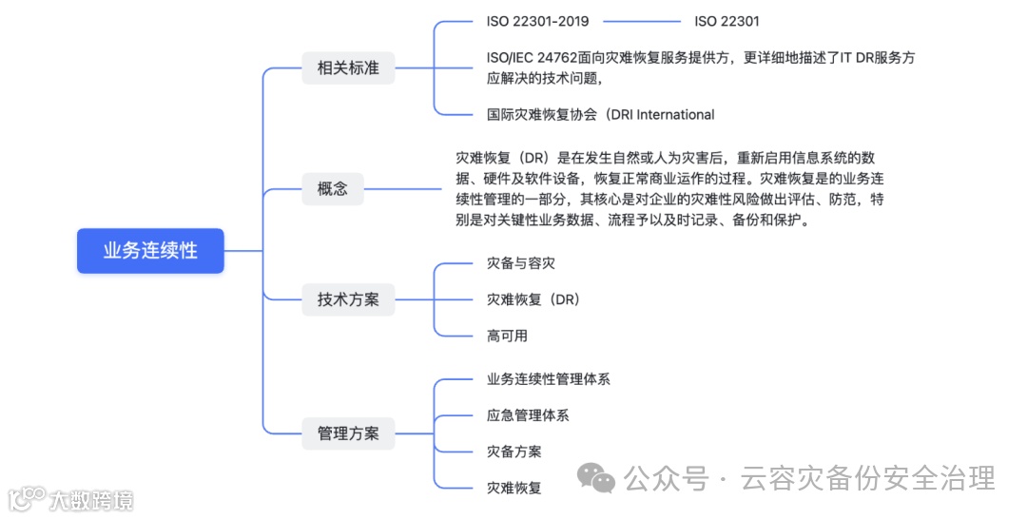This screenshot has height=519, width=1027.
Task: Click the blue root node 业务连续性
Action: pyautogui.click(x=150, y=251)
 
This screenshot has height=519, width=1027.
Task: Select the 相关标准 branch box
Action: pyautogui.click(x=347, y=68)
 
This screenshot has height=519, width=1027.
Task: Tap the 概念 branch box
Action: pyautogui.click(x=332, y=188)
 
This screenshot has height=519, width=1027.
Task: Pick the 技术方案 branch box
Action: pyautogui.click(x=347, y=299)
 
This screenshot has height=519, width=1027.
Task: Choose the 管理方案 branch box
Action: pyautogui.click(x=347, y=433)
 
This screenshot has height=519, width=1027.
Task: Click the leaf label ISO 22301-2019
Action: pyautogui.click(x=537, y=21)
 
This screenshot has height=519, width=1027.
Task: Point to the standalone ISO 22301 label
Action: pyautogui.click(x=727, y=21)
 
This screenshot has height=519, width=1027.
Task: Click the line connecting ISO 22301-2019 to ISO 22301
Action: pyautogui.click(x=642, y=21)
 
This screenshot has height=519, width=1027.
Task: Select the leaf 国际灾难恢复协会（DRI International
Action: pyautogui.click(x=600, y=115)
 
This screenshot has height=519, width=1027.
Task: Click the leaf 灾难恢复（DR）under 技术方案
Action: pyautogui.click(x=533, y=299)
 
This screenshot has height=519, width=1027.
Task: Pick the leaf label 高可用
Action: pyautogui.click(x=507, y=336)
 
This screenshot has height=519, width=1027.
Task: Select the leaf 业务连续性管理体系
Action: pyautogui.click(x=548, y=379)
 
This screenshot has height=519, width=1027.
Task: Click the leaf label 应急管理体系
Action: pyautogui.click(x=528, y=415)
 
